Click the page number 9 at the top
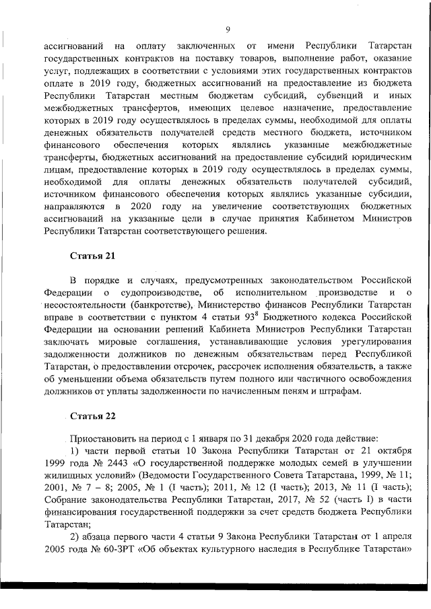click(228, 29)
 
